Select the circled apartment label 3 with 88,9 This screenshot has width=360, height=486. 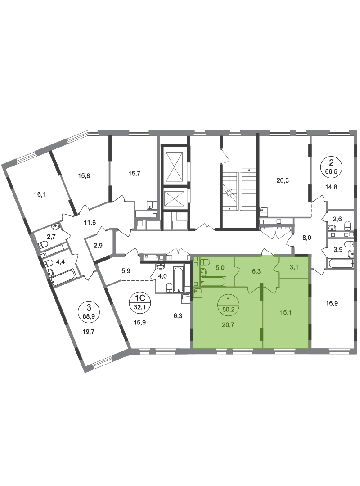click(x=89, y=312)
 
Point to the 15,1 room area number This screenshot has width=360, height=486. click(x=286, y=312)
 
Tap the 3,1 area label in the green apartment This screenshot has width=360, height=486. click(x=294, y=266)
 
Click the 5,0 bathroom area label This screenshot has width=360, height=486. click(x=220, y=267)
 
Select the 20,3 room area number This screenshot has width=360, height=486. click(x=283, y=180)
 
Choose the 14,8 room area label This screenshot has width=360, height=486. click(x=331, y=187)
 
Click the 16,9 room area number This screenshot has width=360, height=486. click(x=332, y=303)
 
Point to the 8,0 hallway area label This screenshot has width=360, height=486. click(x=306, y=238)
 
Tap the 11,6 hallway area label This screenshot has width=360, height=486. click(x=90, y=222)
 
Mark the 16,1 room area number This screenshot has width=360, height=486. click(x=40, y=195)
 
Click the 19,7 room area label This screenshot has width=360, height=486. click(x=89, y=331)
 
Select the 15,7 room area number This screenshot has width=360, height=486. click(x=134, y=174)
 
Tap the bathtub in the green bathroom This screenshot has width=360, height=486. click(x=213, y=281)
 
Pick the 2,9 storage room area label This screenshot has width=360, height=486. click(x=98, y=246)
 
